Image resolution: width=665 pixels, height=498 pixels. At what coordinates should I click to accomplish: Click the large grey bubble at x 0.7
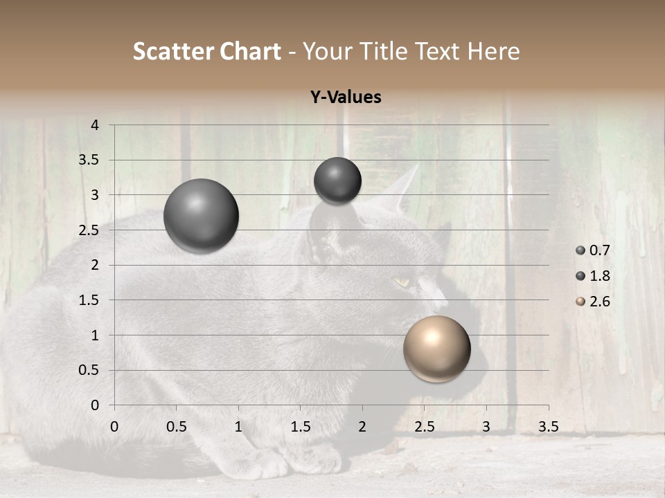[x=201, y=216]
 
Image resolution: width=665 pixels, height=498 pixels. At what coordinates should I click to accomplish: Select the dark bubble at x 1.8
[x=337, y=181]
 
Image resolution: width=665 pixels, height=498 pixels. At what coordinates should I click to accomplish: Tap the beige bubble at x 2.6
[x=436, y=349]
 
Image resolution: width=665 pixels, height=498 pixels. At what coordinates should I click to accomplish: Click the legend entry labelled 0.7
[x=593, y=250]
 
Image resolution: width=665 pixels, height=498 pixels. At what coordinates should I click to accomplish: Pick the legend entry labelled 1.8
[x=593, y=276]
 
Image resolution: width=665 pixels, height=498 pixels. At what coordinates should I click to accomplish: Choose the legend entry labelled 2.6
[x=593, y=302]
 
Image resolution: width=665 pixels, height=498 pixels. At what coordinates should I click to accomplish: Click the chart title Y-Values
[x=345, y=98]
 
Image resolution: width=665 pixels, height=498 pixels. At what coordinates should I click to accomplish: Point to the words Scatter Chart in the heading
[x=206, y=51]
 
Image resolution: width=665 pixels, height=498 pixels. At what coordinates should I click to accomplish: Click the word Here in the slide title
[x=493, y=51]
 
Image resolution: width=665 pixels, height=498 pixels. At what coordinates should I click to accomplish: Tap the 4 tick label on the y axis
[x=96, y=125]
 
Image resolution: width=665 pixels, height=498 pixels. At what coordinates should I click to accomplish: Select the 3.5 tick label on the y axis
[x=90, y=160]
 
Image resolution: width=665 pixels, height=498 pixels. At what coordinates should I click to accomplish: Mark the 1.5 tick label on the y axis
[x=90, y=300]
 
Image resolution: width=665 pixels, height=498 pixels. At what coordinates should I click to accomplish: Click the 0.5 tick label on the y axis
[x=90, y=370]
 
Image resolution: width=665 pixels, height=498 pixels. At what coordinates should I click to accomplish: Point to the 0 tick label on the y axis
[x=96, y=405]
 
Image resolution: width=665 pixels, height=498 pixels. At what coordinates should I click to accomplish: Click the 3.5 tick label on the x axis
[x=548, y=427]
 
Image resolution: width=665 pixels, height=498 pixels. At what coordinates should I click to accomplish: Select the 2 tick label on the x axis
[x=362, y=427]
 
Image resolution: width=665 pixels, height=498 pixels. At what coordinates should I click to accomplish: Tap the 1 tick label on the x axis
[x=238, y=427]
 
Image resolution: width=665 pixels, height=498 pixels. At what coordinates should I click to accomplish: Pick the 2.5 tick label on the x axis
[x=424, y=427]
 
